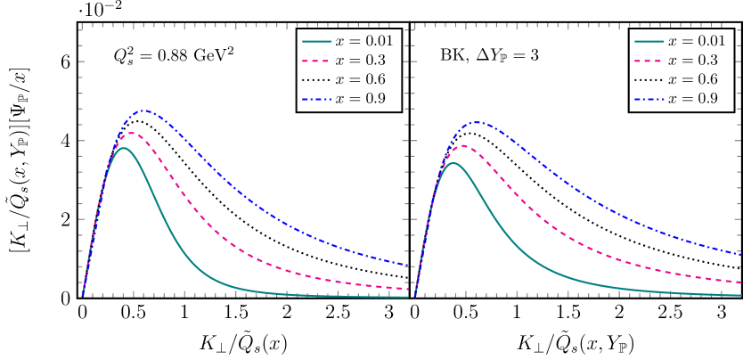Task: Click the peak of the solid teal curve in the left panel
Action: pos(123,148)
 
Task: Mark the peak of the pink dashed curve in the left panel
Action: pos(131,133)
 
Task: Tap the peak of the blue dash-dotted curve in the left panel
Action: pos(143,110)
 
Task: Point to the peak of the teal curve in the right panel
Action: pos(453,163)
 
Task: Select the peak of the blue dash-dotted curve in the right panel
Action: pos(477,122)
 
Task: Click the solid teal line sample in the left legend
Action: pos(316,42)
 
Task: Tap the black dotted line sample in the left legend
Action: pos(316,80)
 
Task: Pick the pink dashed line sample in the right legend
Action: pos(649,61)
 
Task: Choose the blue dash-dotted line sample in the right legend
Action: pos(649,99)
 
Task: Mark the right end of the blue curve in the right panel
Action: pos(740,255)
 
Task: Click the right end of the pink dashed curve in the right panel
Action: pos(740,282)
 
